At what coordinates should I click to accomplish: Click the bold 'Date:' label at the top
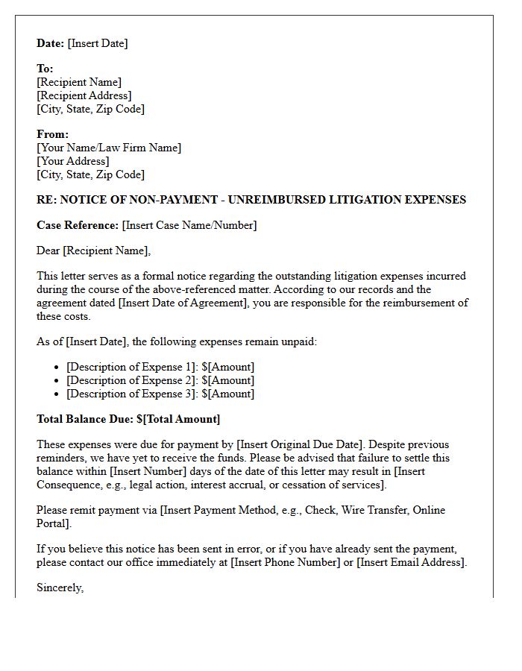point(51,43)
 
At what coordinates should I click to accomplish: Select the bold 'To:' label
point(45,69)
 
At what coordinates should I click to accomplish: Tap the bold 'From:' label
point(52,134)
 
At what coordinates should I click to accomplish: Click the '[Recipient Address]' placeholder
point(84,95)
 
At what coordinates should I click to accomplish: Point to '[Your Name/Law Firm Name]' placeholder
point(109,148)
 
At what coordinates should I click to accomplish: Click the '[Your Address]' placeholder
point(72,161)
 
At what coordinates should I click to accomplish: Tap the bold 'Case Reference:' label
point(78,225)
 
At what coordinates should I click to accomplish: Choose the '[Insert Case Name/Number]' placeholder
point(189,225)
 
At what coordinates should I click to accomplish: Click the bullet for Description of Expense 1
point(58,368)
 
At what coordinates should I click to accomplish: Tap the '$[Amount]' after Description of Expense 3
point(227,394)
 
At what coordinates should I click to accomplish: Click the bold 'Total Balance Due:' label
point(85,419)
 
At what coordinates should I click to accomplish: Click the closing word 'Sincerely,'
point(60,587)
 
